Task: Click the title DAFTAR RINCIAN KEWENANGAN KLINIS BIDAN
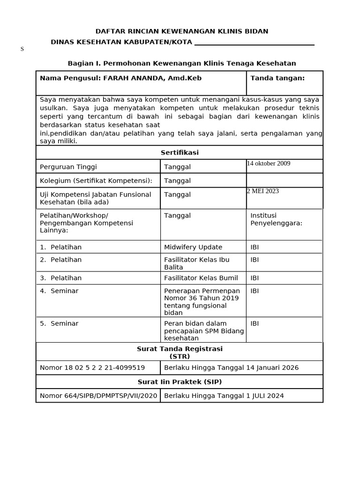coord(182,31)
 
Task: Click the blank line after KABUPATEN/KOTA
coord(254,43)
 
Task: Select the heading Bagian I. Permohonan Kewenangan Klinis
coord(182,63)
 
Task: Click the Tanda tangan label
coord(277,78)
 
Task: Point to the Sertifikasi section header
coord(180,153)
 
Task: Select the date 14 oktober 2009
coord(269,164)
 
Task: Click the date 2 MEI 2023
coord(263,191)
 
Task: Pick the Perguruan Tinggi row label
coord(68,167)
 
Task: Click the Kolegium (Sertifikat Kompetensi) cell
coord(96,181)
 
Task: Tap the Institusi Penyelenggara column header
coord(276,219)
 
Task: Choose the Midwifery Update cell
coord(193,247)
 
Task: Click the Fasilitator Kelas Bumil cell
coord(201,278)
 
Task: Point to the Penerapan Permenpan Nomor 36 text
coord(202,294)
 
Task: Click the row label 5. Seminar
coord(59,323)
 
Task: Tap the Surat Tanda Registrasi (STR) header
coord(180,352)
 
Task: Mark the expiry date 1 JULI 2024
coord(265,396)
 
